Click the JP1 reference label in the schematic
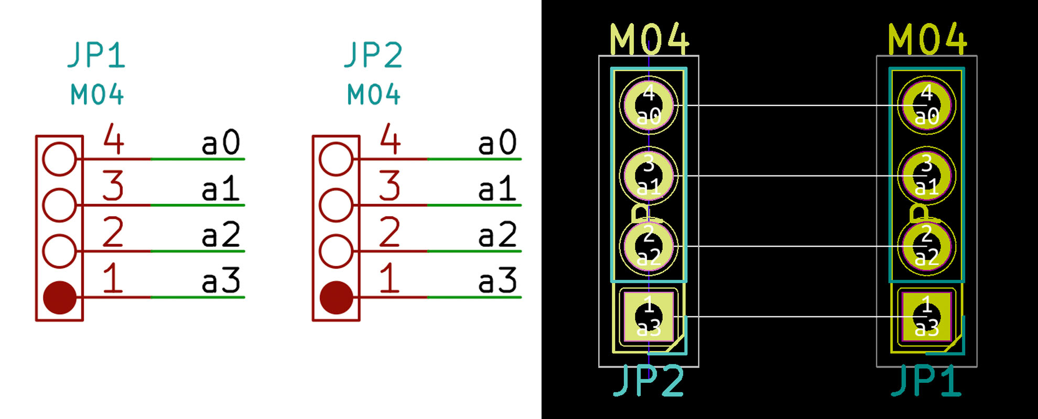point(96,55)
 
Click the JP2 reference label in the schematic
point(373,55)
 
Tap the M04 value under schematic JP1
point(97,95)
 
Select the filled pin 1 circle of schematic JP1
point(60,297)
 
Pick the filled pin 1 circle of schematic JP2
point(336,297)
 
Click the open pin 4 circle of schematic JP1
point(59,159)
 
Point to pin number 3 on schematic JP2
point(390,186)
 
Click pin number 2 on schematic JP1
point(113,232)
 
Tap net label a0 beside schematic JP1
point(221,142)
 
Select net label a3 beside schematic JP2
point(498,281)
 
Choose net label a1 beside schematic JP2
point(497,189)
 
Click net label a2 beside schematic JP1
point(221,235)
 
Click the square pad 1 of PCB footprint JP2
point(648,317)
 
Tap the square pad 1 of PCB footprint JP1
point(926,317)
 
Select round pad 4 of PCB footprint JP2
point(648,105)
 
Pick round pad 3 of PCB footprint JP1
point(926,176)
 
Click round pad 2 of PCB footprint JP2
point(648,246)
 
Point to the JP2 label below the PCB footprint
point(648,381)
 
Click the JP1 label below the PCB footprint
point(926,381)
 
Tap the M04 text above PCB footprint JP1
point(927,39)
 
